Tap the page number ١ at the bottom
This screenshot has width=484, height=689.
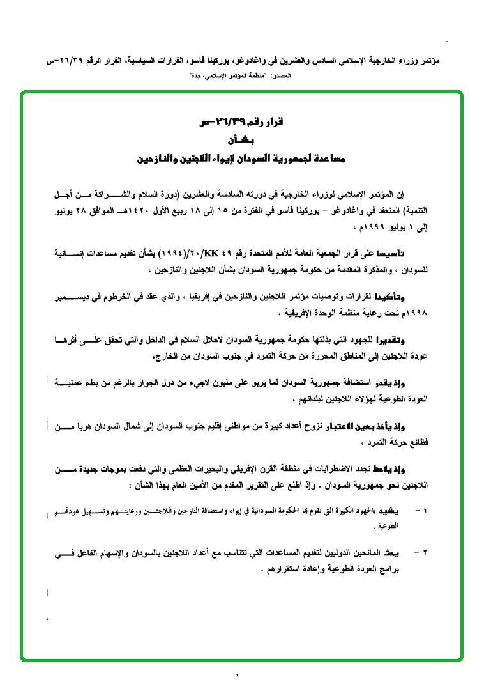coord(238,675)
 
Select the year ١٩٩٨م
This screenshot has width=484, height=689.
coord(414,314)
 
